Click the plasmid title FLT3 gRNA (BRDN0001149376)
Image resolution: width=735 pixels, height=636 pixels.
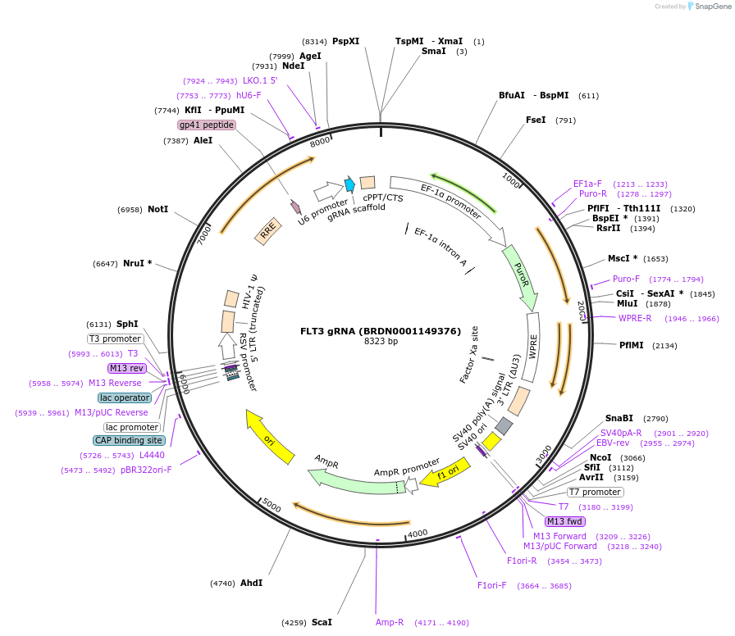381,331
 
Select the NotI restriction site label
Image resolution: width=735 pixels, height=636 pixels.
157,210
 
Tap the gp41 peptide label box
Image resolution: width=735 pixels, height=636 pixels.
207,125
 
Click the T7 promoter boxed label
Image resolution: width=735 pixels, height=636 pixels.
596,492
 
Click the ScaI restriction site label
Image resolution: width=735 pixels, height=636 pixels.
322,622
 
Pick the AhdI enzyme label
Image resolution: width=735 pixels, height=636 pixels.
251,583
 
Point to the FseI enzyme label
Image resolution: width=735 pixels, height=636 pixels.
536,120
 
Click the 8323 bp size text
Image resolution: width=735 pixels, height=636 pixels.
381,342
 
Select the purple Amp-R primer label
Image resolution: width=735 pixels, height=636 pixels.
390,622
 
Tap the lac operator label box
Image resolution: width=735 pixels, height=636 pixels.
125,397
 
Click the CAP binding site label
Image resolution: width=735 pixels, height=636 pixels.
129,440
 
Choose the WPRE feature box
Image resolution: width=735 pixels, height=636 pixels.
532,348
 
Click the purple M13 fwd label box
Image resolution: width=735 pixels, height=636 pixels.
565,521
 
